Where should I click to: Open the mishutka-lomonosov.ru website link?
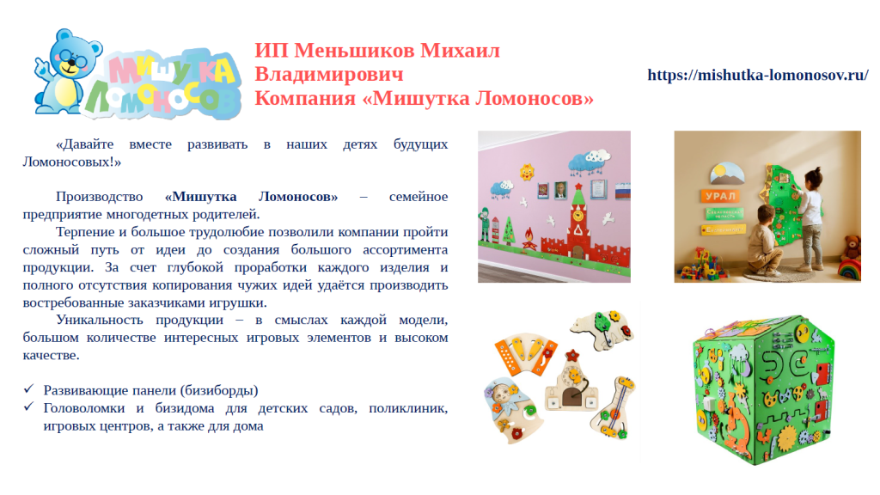(758, 75)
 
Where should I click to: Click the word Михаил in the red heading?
(460, 51)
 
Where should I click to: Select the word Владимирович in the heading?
(329, 74)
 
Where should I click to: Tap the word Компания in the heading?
(306, 98)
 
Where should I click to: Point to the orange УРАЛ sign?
(720, 196)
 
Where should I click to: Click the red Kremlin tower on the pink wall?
(578, 224)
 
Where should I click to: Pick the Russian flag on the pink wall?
(622, 192)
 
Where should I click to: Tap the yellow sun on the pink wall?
(527, 172)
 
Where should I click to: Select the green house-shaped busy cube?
(763, 388)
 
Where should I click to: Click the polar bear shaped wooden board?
(602, 328)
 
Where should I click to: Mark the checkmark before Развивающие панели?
(28, 389)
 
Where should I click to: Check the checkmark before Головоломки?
(28, 406)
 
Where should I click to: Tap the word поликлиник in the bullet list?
(408, 408)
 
